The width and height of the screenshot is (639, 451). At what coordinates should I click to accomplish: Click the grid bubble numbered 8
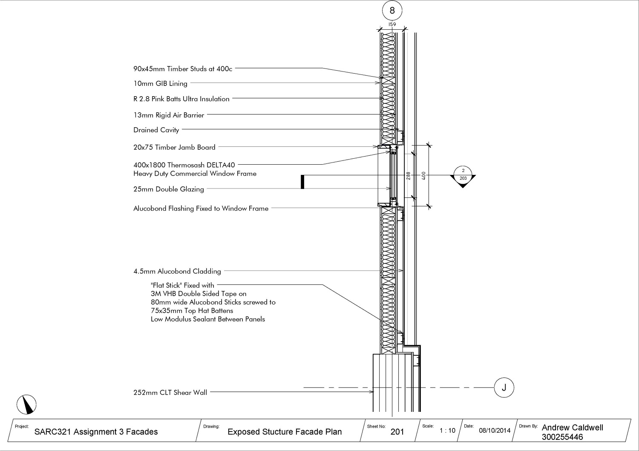392,11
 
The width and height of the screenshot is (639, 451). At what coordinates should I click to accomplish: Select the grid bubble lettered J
504,388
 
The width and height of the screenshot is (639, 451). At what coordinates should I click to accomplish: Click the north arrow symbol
27,404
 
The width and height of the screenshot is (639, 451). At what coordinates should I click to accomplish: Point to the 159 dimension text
392,25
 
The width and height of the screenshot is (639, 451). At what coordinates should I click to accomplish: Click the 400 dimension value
423,175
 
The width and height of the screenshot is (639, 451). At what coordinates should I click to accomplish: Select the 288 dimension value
408,175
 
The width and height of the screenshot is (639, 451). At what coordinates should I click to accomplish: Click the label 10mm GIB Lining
160,84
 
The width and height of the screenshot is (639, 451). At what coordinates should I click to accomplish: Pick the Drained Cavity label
156,130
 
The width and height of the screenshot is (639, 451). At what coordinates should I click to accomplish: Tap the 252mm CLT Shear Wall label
170,393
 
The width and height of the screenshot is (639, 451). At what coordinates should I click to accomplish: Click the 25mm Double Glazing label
169,189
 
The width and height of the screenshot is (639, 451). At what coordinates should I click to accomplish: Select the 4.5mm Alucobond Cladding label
177,271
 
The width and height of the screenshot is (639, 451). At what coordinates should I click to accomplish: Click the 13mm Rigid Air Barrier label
169,115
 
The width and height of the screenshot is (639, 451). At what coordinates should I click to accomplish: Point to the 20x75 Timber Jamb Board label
174,148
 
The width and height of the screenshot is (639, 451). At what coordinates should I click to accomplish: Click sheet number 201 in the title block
397,432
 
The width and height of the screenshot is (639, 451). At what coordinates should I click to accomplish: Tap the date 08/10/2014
495,431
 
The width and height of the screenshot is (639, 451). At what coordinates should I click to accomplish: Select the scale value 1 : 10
447,431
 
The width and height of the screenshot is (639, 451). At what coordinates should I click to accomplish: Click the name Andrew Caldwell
572,428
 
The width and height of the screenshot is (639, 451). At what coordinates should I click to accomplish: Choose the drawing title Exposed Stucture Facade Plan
285,432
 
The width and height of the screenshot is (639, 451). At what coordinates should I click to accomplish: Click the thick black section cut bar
302,182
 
